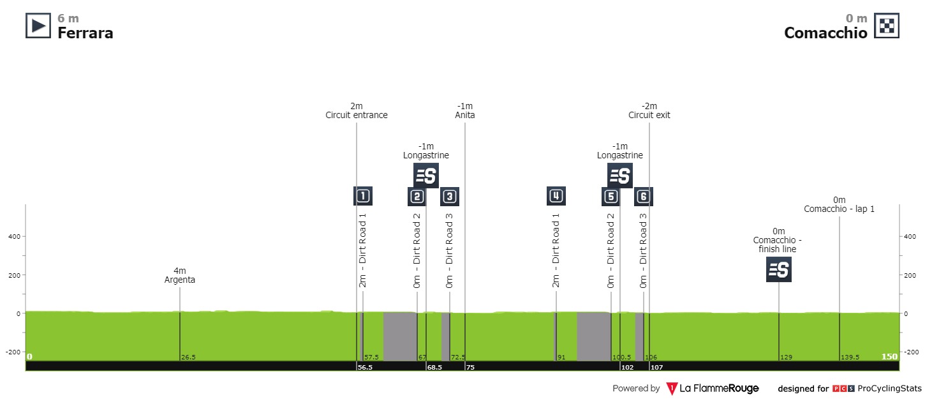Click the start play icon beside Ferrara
point(38,26)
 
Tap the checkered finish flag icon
point(886,26)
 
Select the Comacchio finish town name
point(825,33)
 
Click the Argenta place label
point(179,280)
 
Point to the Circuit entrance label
point(356,116)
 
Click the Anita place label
point(465,116)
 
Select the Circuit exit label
point(649,116)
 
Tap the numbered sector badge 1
point(363,196)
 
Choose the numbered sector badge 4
point(556,196)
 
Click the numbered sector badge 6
point(643,196)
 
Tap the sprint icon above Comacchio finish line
point(778,269)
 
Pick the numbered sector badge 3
point(450,196)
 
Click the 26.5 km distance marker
point(188,357)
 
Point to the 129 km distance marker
point(786,357)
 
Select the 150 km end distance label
point(889,356)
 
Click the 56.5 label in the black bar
point(364,366)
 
